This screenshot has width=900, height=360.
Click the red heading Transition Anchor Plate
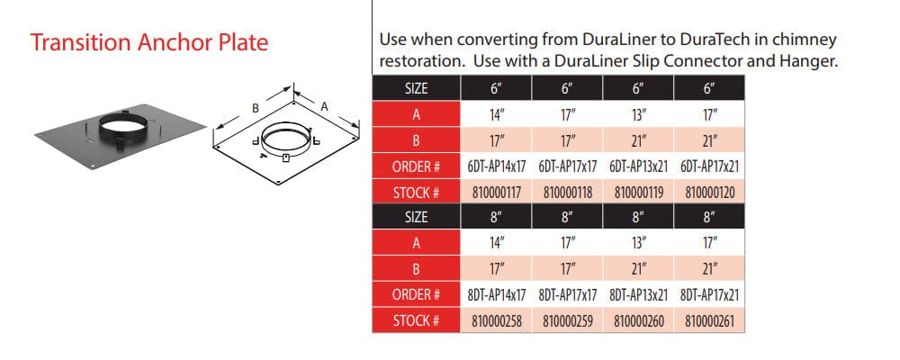tap(149, 42)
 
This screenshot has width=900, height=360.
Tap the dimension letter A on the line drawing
tap(324, 106)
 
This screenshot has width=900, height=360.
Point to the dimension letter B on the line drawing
tap(256, 108)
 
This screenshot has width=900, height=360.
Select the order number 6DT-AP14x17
tap(497, 166)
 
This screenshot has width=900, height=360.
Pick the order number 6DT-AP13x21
tap(639, 166)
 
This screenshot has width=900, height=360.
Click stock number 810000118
tap(568, 193)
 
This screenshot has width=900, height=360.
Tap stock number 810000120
tap(710, 193)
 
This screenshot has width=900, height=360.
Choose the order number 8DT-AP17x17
tap(568, 295)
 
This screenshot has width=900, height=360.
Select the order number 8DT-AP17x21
tap(710, 295)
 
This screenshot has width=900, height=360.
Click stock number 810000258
tap(497, 321)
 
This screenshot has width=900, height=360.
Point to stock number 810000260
tap(639, 321)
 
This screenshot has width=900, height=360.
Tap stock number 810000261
tap(710, 321)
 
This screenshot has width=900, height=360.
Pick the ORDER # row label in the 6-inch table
tap(416, 166)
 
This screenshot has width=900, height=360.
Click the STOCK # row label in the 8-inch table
tap(416, 321)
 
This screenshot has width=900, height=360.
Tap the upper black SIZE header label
tap(416, 88)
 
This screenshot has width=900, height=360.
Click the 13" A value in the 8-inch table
tap(639, 243)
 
